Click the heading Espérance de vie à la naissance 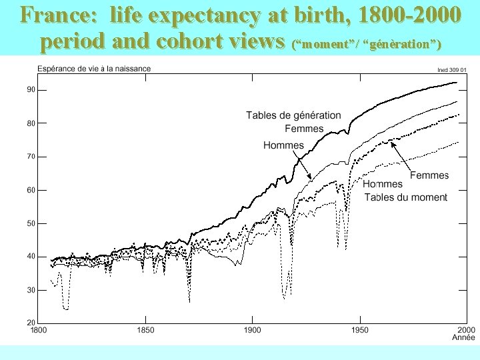point(94,68)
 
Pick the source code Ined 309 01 point(451,69)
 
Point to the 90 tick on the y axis point(31,90)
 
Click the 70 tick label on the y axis point(31,157)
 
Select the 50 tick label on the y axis point(31,223)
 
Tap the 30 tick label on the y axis point(31,290)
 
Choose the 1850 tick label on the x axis point(145,330)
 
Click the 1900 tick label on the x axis point(252,330)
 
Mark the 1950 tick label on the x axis point(359,330)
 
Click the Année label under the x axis point(463,338)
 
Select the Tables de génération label point(293,115)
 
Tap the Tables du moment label point(405,197)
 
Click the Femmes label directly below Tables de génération point(304,129)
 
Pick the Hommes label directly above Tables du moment point(383,184)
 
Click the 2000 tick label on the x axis point(465,330)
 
